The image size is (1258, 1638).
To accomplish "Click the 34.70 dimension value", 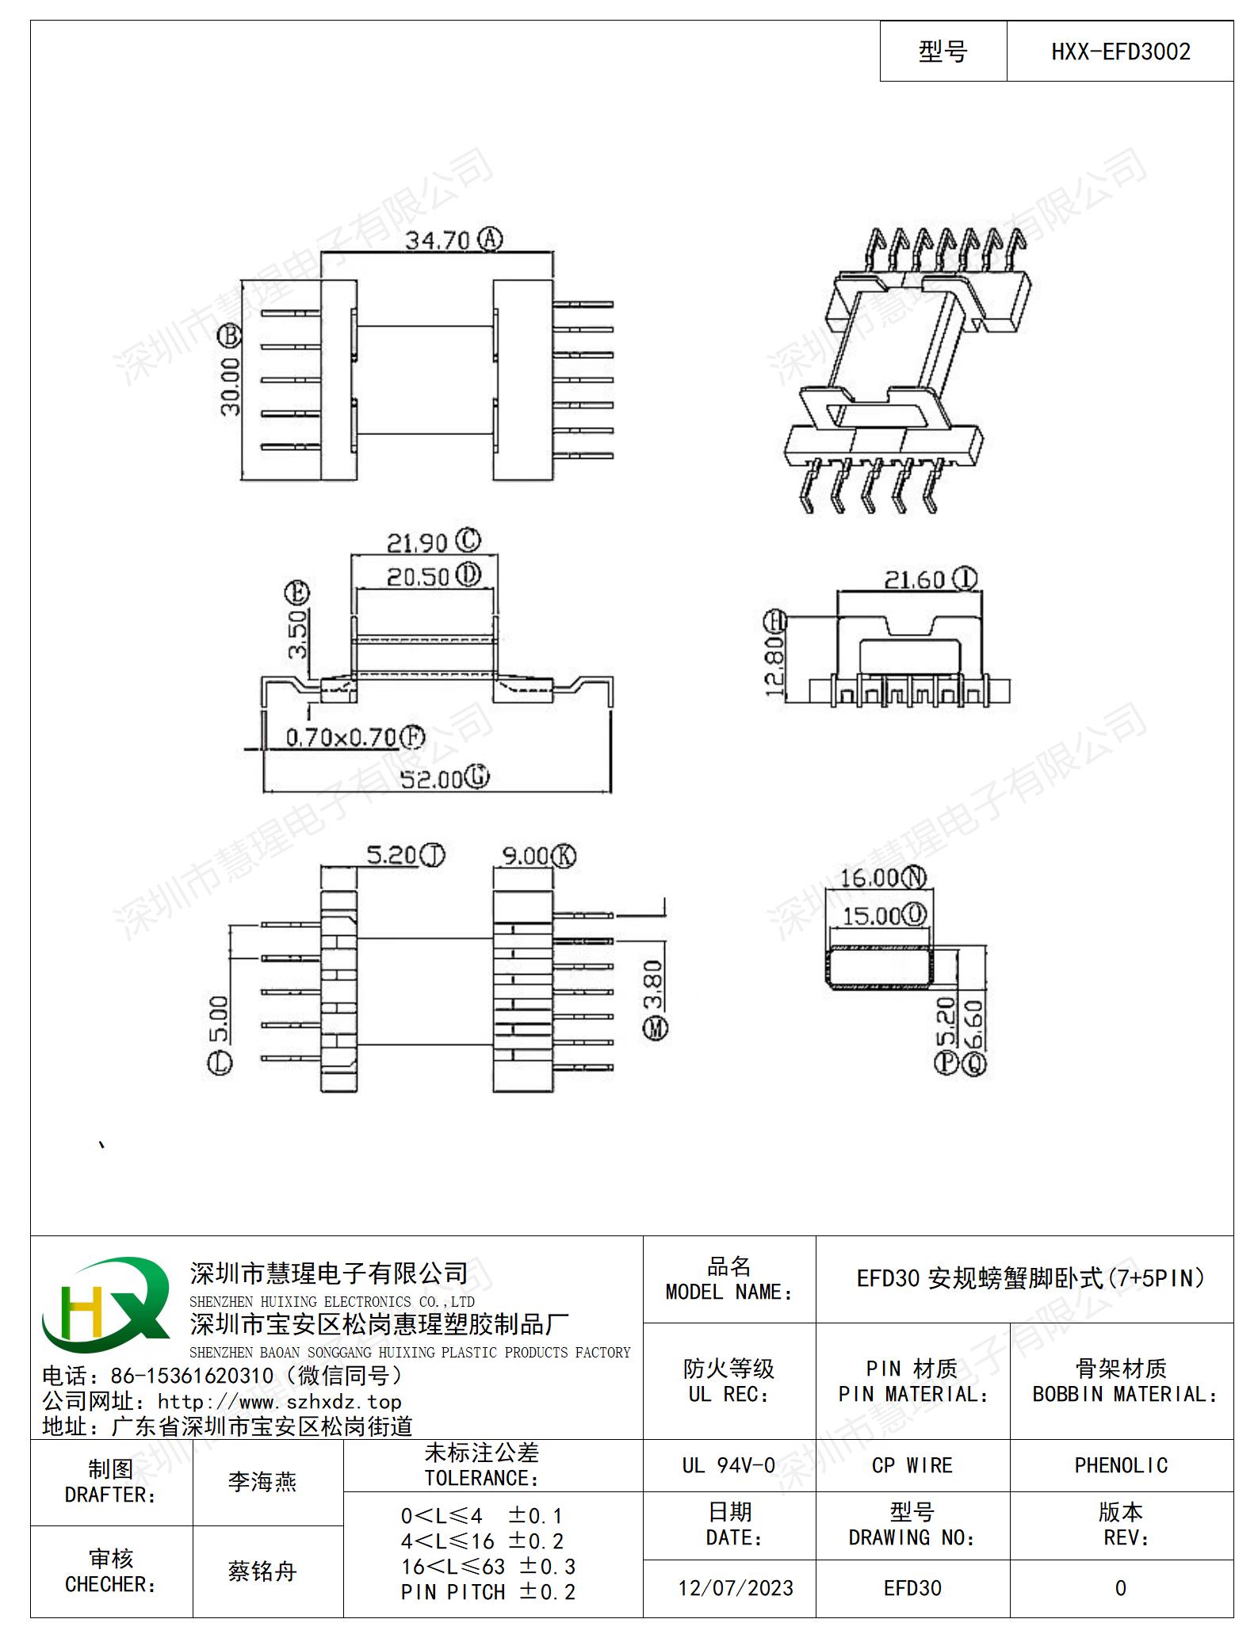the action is click(x=438, y=239).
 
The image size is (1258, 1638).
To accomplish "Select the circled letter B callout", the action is click(x=229, y=336).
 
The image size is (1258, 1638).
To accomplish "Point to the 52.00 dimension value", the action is click(x=431, y=779).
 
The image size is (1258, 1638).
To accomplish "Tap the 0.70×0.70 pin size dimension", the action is click(x=341, y=738).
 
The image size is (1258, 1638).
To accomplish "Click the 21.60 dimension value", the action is click(x=916, y=580).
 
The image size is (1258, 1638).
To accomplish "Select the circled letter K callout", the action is click(x=564, y=856).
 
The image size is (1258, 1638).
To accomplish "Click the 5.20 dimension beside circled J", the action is click(x=391, y=855).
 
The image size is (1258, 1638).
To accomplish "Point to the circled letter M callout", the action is click(x=655, y=1029).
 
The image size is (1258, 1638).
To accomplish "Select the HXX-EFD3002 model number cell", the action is click(x=1120, y=52).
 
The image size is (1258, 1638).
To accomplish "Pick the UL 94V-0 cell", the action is click(x=728, y=1465).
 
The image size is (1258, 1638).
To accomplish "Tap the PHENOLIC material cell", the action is click(x=1121, y=1465).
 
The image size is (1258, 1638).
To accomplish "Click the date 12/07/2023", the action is click(x=736, y=1588).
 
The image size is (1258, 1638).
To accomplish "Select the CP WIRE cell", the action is click(x=912, y=1465).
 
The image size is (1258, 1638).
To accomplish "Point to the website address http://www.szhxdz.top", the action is click(x=279, y=1402).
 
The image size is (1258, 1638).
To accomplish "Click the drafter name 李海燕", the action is click(x=262, y=1482).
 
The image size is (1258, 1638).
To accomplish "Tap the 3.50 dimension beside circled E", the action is click(x=297, y=634).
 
